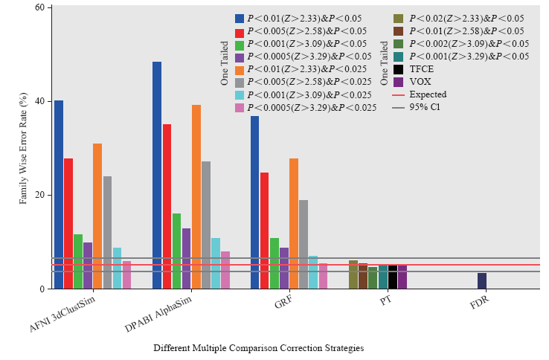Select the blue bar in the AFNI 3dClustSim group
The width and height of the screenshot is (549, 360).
click(59, 194)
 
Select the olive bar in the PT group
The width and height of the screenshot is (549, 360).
click(353, 274)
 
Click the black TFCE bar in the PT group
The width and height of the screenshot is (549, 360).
click(392, 277)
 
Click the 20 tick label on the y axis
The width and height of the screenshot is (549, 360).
click(40, 195)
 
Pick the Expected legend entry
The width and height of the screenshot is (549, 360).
click(428, 94)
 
